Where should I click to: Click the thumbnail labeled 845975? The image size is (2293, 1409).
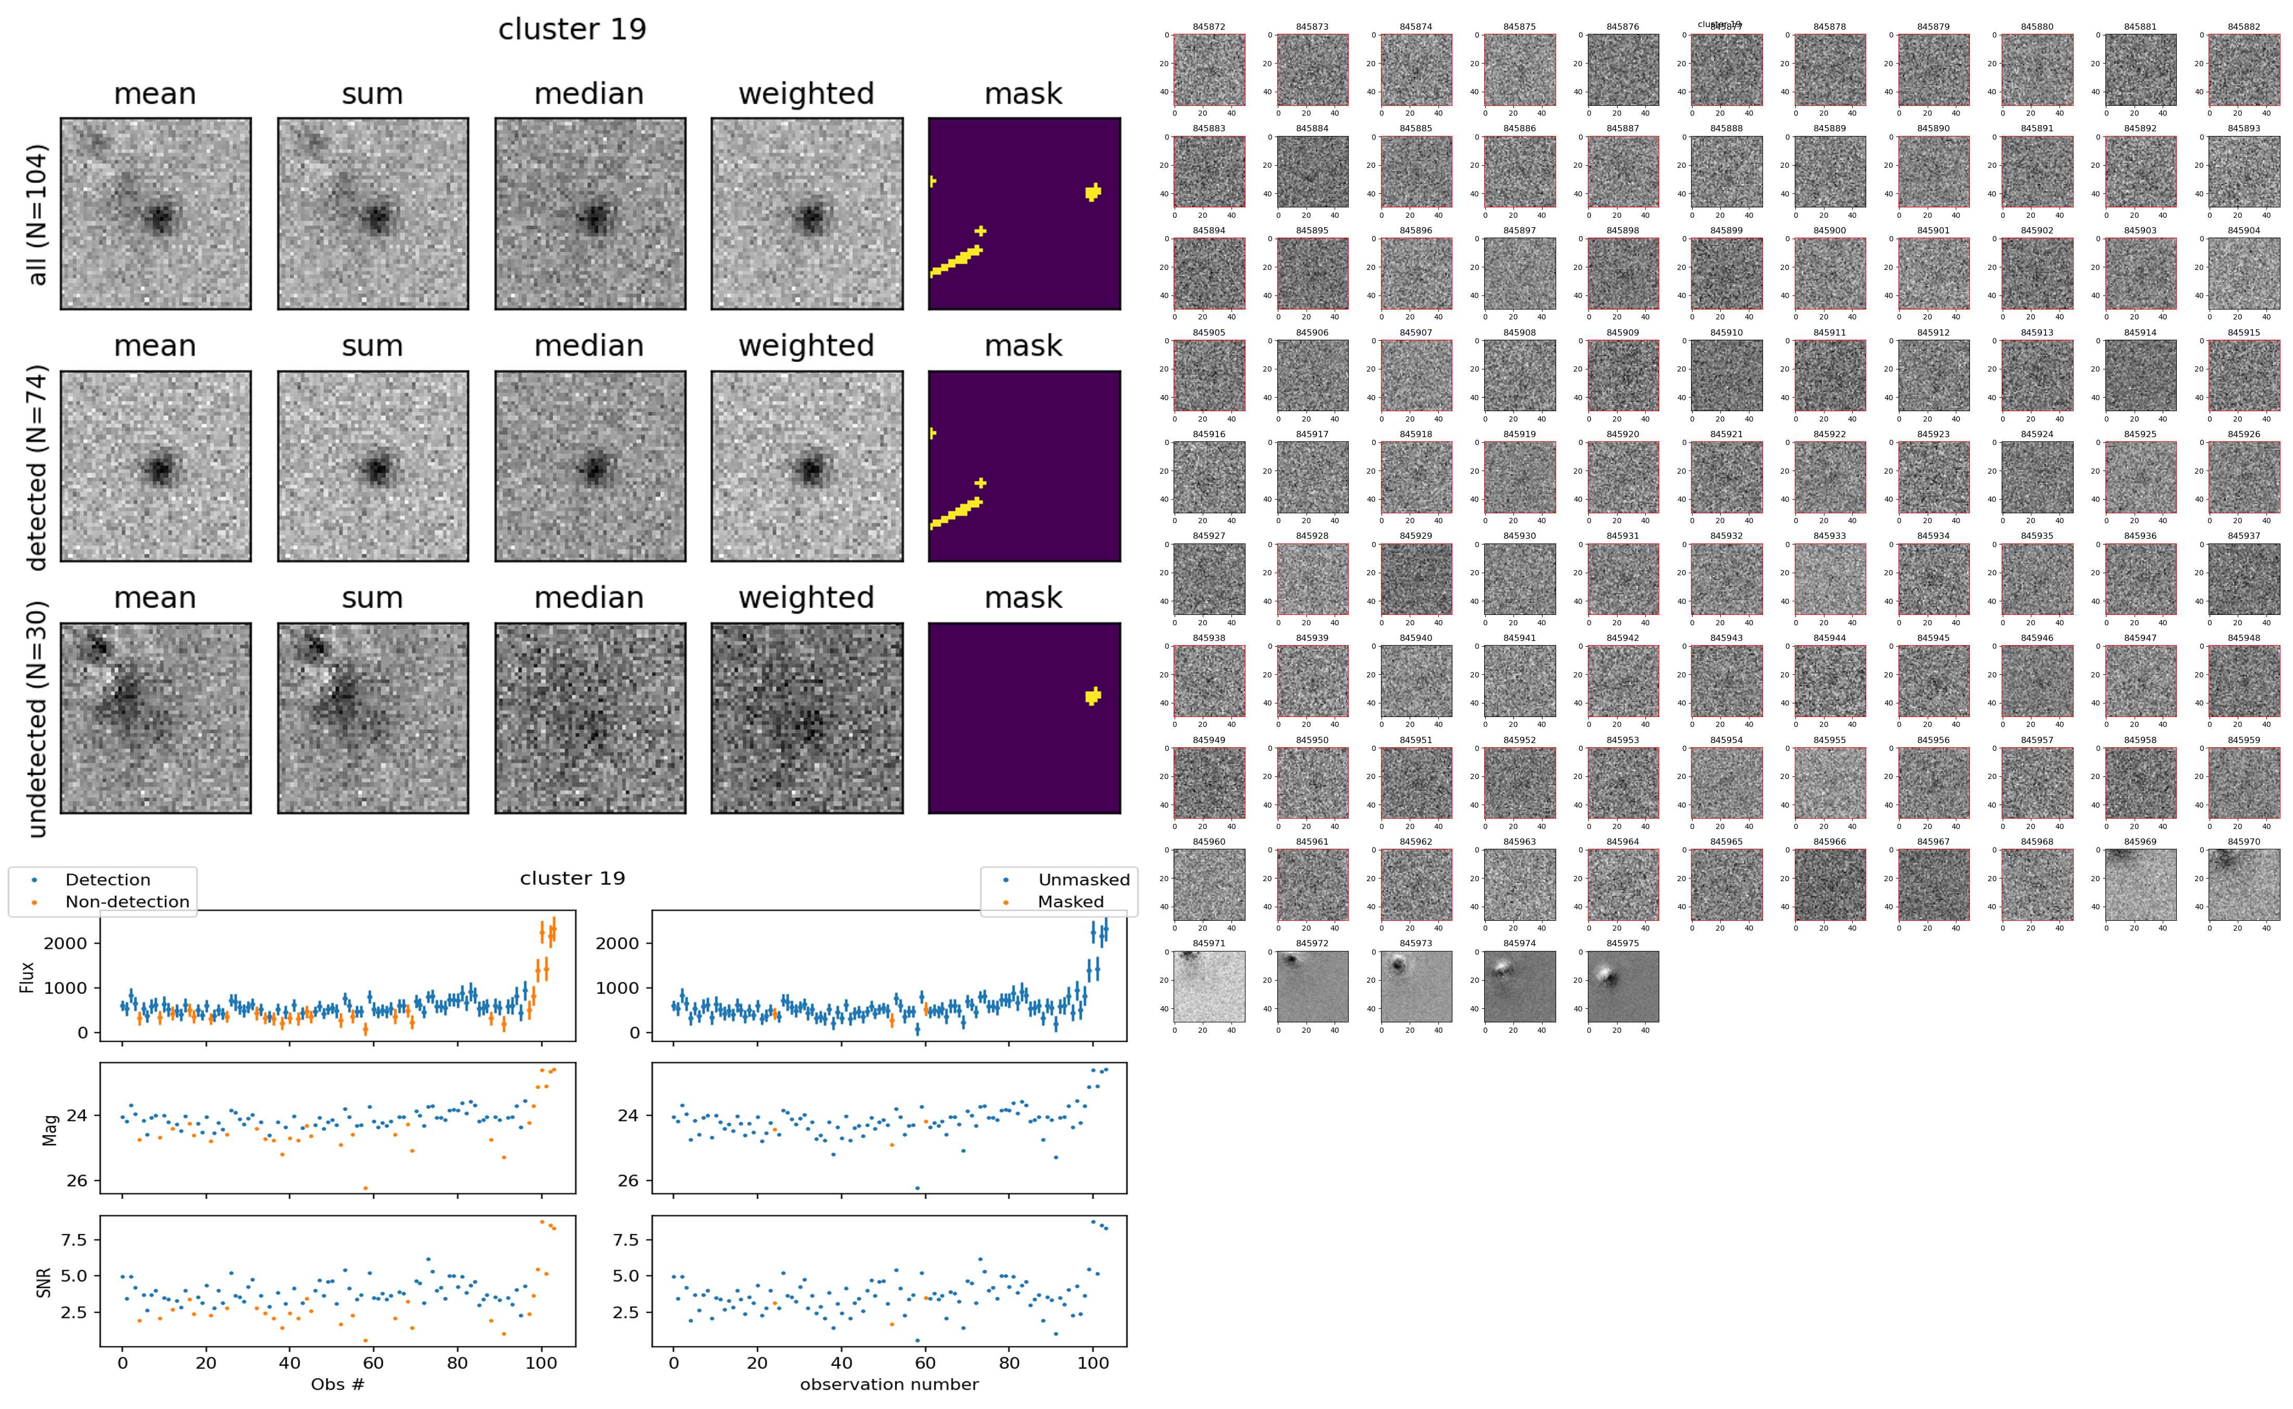(x=1623, y=986)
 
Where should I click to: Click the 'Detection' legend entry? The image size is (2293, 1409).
(x=107, y=880)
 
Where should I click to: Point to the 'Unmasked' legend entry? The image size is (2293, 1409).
(x=1083, y=880)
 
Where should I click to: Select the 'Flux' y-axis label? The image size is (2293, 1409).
(x=27, y=977)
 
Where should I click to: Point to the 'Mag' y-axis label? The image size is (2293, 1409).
(x=51, y=1129)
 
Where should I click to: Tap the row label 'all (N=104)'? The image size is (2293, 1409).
(x=38, y=214)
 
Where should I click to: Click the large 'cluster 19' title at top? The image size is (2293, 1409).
(x=572, y=30)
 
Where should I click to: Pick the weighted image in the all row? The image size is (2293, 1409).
(x=806, y=214)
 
